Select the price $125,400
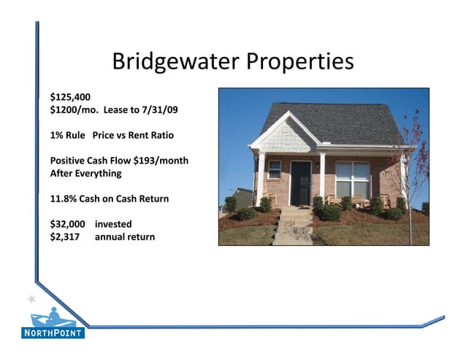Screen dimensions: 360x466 70,96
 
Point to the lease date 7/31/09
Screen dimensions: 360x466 161,110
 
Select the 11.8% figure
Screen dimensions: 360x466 64,199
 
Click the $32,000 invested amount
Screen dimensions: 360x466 67,223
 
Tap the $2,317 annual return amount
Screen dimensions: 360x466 65,237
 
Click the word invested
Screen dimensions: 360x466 113,223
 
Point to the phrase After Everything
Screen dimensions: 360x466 85,174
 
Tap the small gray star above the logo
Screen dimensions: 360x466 31,299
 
